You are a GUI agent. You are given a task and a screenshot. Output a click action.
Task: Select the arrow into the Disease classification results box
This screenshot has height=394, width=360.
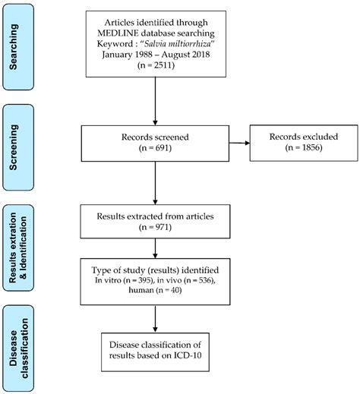[x=155, y=319]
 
